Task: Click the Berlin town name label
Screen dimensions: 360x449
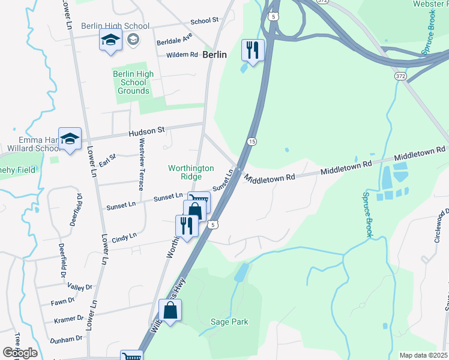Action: point(214,54)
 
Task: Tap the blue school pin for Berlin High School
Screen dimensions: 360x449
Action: point(110,41)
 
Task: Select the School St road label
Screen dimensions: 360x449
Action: point(204,20)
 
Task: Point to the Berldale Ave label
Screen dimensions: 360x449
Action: point(174,39)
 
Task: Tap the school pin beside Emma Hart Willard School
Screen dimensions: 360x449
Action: point(70,139)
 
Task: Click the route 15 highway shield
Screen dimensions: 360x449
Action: point(251,141)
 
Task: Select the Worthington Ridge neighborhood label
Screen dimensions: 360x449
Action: point(191,172)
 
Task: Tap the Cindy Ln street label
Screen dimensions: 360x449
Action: point(124,238)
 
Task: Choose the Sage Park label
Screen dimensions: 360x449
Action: point(229,322)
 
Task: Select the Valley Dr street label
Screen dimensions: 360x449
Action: point(80,287)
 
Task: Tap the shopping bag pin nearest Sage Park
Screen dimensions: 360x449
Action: point(170,310)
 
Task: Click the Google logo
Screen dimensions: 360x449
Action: point(20,352)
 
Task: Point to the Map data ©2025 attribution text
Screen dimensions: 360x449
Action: point(423,355)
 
